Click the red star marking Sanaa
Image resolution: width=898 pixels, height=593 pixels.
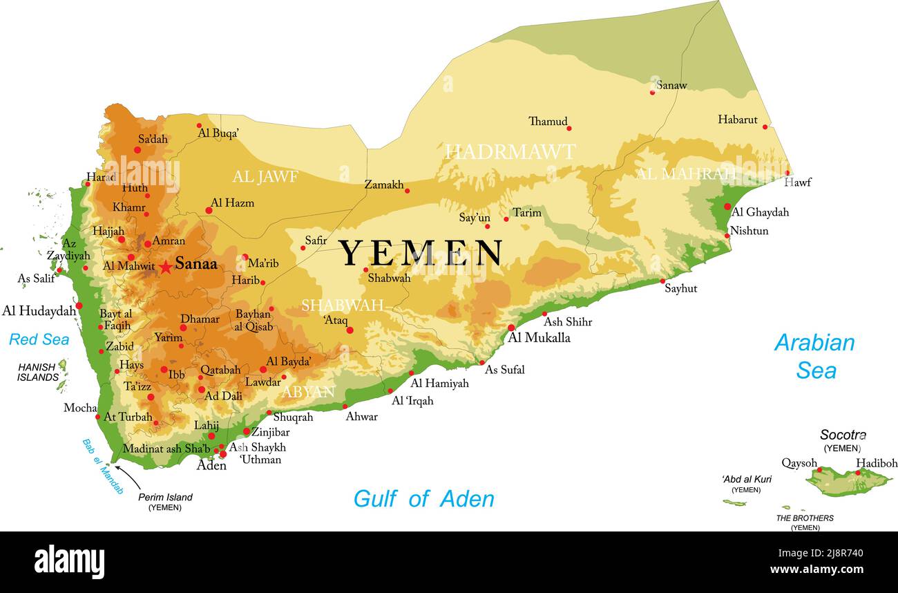click(x=166, y=267)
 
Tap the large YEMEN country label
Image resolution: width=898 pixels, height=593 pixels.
click(x=421, y=254)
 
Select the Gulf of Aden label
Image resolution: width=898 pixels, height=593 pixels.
click(x=423, y=498)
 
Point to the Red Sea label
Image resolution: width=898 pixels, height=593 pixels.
click(x=39, y=339)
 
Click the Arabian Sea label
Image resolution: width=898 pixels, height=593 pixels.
click(x=814, y=357)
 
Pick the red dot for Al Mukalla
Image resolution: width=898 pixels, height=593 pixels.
click(x=511, y=328)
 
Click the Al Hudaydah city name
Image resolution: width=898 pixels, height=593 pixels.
click(x=39, y=311)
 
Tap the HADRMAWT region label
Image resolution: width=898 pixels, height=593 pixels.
click(x=510, y=152)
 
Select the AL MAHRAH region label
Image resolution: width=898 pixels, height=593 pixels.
click(x=685, y=173)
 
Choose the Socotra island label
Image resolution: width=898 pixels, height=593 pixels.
click(x=843, y=435)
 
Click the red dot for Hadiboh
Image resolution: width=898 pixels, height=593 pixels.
click(x=858, y=473)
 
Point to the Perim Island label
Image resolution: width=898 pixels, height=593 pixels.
click(x=165, y=497)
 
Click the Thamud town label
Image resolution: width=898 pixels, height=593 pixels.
click(x=548, y=122)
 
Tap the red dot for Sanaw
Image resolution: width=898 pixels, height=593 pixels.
click(x=652, y=92)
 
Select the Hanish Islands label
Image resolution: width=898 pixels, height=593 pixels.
click(x=38, y=373)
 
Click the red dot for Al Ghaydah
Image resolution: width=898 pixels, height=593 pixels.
click(x=727, y=206)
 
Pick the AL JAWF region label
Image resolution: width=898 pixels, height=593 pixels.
click(x=265, y=177)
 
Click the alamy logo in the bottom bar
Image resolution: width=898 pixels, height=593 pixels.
click(x=69, y=561)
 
